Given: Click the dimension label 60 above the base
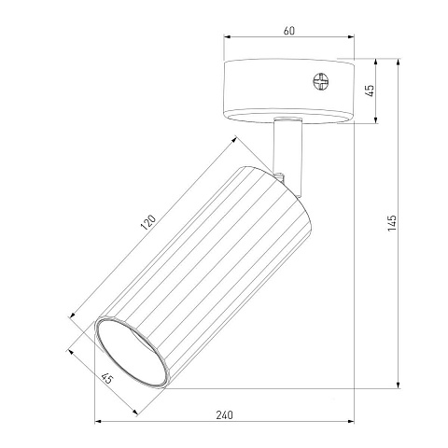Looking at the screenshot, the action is coord(289,31).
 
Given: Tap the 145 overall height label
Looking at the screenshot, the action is coord(392,223).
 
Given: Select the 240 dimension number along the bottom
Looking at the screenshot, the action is coord(224,414).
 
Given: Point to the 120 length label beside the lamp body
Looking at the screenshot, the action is coord(148,222).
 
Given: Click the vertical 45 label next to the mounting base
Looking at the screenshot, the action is coord(371,91).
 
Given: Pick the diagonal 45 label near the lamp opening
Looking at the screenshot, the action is coord(107,378).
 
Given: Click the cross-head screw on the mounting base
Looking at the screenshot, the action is coord(320,81).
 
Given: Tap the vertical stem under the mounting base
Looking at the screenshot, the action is coord(287,156).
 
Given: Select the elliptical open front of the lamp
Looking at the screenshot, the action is coord(132,352).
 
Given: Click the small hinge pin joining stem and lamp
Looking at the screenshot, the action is coord(281,176).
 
